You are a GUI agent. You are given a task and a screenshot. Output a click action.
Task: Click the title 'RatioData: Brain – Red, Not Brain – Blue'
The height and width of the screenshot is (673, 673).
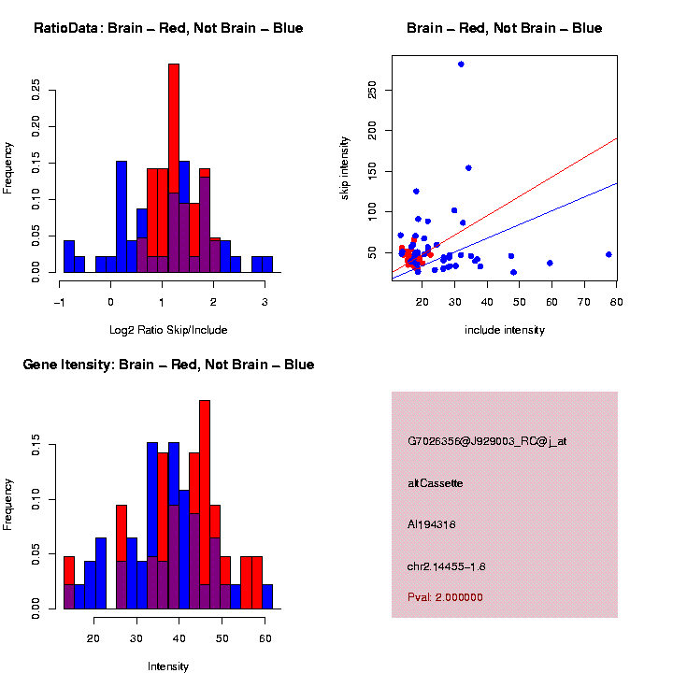click(168, 28)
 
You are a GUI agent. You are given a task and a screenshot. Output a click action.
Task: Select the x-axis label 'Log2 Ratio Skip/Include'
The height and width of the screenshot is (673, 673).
click(169, 329)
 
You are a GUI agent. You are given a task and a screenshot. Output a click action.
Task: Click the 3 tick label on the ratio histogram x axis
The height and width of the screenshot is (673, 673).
click(265, 301)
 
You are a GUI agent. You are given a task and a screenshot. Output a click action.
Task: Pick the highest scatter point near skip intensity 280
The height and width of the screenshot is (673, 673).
click(461, 64)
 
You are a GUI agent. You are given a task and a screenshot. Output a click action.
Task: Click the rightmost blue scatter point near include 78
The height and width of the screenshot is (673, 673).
click(609, 254)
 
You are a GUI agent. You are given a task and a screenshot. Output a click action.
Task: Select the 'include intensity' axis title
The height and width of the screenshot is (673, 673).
click(504, 330)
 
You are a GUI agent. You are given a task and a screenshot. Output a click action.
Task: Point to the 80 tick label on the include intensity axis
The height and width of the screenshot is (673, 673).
click(616, 301)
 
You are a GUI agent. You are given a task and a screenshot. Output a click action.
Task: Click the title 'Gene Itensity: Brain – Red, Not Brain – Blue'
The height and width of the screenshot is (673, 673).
click(168, 365)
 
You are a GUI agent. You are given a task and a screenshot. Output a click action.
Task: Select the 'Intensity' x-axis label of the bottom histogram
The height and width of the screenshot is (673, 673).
click(168, 666)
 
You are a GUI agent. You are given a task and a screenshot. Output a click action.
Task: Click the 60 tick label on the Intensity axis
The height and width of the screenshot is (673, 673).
click(265, 637)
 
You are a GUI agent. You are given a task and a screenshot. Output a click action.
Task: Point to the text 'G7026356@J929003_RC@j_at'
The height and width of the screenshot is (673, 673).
click(487, 440)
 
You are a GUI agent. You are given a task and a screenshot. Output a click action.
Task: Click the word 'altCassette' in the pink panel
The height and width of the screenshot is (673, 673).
click(436, 483)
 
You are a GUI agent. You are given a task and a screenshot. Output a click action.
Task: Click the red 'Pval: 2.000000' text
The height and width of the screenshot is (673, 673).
click(445, 597)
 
